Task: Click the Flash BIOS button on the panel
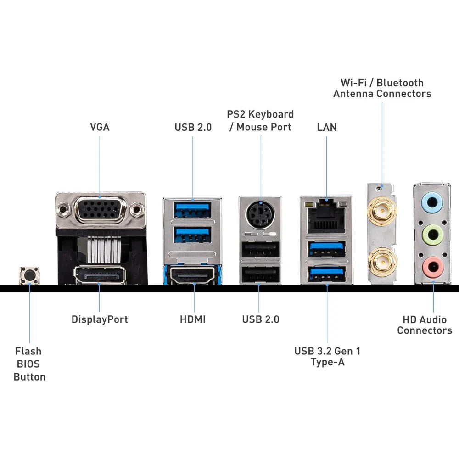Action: (x=29, y=275)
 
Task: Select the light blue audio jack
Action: (x=432, y=202)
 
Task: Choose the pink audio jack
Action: (x=432, y=265)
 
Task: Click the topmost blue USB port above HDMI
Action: (x=193, y=209)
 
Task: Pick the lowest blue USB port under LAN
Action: (x=327, y=274)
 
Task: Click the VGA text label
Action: (x=100, y=127)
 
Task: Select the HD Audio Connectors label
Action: (x=425, y=325)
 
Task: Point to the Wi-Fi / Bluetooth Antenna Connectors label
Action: (x=382, y=88)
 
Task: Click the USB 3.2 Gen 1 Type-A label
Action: (x=327, y=357)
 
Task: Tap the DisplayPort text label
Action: (x=100, y=319)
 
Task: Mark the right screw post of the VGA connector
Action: (x=135, y=211)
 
